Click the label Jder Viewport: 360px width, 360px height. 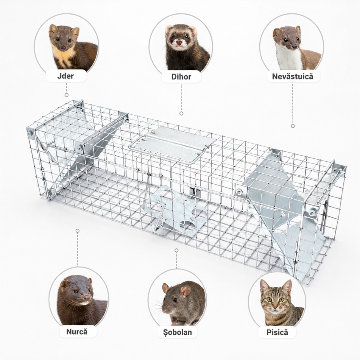point(66,76)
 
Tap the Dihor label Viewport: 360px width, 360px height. point(181,77)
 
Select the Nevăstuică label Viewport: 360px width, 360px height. point(292,76)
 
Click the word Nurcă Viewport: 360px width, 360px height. point(77,332)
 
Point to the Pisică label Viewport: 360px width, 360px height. point(277,332)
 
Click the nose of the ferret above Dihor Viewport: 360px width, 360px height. point(179,42)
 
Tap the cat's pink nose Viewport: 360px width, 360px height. point(275,307)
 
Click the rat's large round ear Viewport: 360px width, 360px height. point(185,291)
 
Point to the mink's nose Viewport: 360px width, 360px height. point(87,298)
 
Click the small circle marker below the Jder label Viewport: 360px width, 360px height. point(67,95)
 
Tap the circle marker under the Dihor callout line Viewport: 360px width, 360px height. point(181,113)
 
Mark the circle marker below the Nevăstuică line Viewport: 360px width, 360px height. point(293,126)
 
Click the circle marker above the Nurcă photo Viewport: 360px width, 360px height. point(78,230)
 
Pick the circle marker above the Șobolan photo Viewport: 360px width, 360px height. point(176,250)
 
